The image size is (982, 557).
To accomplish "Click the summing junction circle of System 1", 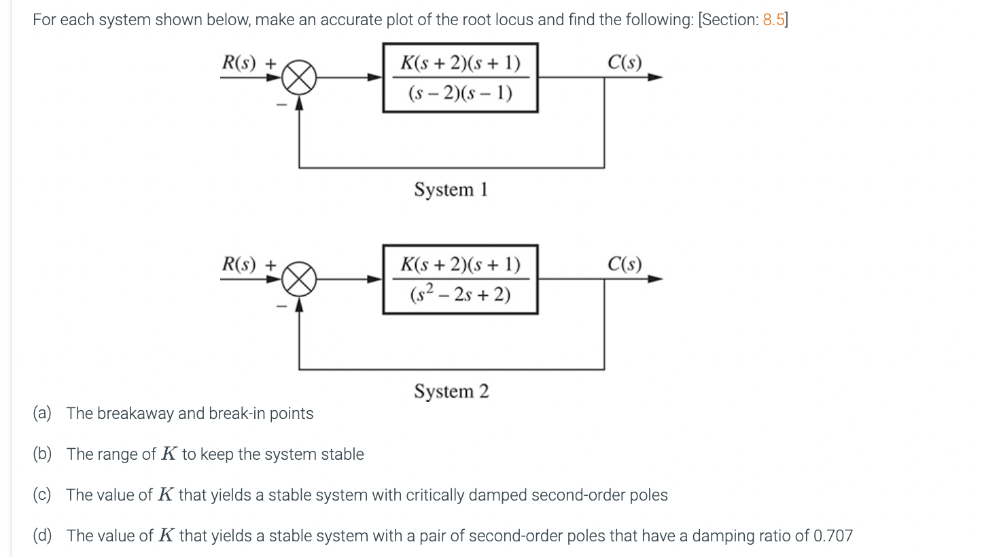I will point(299,78).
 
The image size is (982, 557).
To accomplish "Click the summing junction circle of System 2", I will point(299,279).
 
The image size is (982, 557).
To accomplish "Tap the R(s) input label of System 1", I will point(239,63).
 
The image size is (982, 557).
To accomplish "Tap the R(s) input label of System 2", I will point(239,264).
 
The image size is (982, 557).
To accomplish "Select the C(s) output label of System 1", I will point(624,63).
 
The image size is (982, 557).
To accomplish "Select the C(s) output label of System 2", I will point(624,264).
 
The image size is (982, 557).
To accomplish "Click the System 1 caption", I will point(451,189).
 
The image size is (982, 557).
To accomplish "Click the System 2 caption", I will point(451,391).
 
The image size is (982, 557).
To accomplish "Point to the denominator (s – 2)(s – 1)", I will point(460,92).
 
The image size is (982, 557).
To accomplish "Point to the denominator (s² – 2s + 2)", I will point(460,294).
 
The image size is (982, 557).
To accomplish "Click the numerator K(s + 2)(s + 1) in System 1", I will point(460,63).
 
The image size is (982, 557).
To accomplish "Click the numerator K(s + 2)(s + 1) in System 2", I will point(460,265).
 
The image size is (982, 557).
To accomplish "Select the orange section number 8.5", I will point(773,20).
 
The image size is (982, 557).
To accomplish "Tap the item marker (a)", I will point(42,413).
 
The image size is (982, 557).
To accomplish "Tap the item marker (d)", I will point(42,536).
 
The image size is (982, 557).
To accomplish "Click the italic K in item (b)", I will point(169,454).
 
